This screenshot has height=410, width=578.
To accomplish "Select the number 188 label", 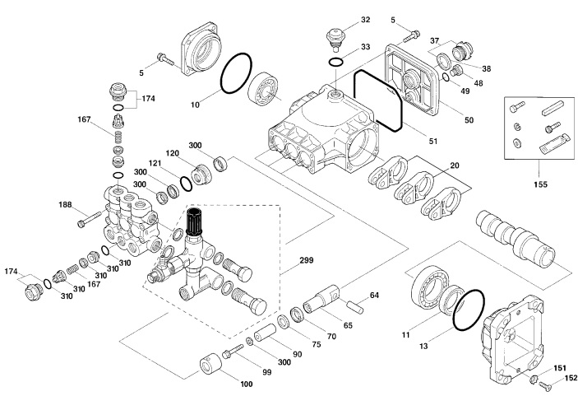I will [x=66, y=204].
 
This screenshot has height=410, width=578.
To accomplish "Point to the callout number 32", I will [x=365, y=19].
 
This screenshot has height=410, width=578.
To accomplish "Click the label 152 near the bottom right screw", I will [x=571, y=378].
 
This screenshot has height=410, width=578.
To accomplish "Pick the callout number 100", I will [x=246, y=384].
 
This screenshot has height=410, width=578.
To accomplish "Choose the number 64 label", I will [x=374, y=295].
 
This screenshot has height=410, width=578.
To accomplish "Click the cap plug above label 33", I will [x=334, y=36].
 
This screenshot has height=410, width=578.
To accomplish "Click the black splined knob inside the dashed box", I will [x=197, y=221].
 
